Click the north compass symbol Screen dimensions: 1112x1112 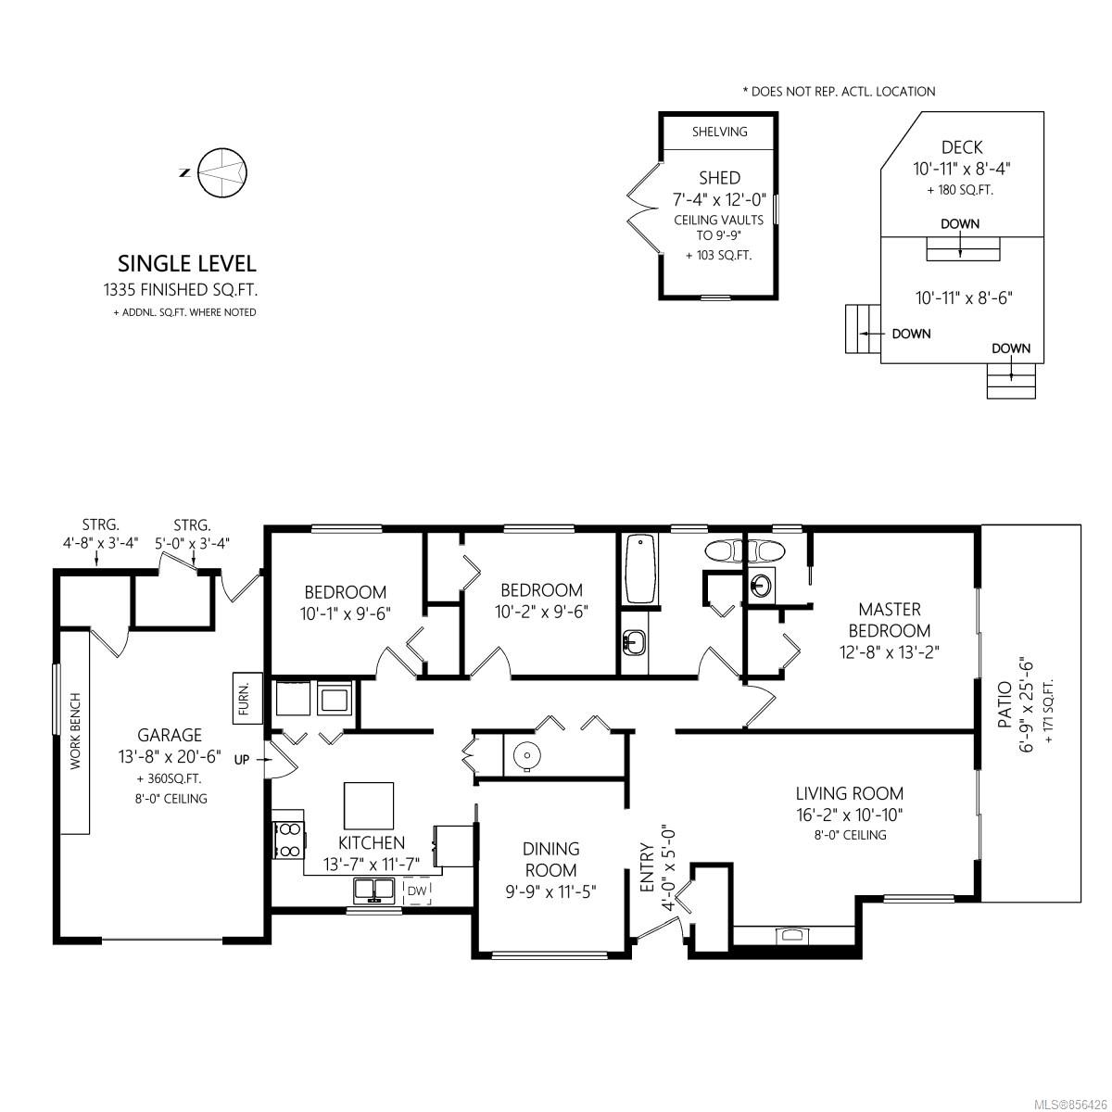coord(221,172)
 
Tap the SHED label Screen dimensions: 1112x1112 coord(719,178)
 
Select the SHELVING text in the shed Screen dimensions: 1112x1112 coord(720,132)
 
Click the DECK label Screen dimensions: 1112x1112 coord(961,147)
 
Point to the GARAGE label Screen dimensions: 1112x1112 coord(170,735)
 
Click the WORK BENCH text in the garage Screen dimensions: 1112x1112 coord(76,731)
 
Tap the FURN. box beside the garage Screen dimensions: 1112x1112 coord(247,699)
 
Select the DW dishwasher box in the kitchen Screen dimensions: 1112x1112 coord(417,891)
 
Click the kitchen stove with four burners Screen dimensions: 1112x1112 coord(288,840)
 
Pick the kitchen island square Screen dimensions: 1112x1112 coord(369,805)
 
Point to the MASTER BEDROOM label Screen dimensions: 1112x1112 coord(890,620)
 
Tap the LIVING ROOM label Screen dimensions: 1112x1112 coord(850,794)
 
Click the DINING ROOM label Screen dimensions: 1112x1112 coord(550,859)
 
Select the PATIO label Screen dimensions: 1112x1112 coord(1005,704)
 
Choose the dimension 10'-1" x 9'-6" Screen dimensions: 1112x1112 coord(346,613)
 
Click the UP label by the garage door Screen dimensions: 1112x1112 coord(242,760)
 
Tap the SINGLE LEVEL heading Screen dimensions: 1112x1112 coord(187,264)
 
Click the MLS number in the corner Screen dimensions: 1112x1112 coord(1070,1104)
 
